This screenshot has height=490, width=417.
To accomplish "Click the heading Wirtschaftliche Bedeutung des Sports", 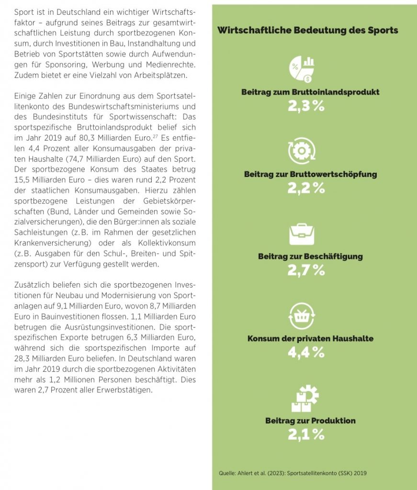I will tap(307, 31).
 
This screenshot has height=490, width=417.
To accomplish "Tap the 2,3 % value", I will tap(306, 106).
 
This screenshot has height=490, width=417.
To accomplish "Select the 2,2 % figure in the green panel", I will tap(306, 188).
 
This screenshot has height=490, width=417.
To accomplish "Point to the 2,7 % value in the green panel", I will tap(306, 270).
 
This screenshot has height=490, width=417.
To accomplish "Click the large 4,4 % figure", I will tap(306, 353).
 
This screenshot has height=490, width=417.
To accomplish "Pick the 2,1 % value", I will tap(306, 434).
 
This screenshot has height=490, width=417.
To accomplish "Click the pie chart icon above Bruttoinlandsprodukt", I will tap(302, 69).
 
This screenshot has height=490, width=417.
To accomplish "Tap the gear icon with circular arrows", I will tap(302, 151).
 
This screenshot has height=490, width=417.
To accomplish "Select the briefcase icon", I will tap(302, 234).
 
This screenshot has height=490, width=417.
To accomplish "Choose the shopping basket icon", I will tap(302, 316).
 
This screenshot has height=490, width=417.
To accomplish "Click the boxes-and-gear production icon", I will tap(305, 399).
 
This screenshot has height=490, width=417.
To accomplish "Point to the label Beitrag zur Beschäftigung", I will tap(310, 256).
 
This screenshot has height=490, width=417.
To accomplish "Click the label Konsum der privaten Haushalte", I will tap(310, 339).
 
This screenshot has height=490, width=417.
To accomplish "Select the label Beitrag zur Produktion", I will tap(310, 421).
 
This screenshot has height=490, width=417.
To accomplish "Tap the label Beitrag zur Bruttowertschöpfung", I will tap(310, 174).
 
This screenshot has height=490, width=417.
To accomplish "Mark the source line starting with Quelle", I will tap(293, 473).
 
